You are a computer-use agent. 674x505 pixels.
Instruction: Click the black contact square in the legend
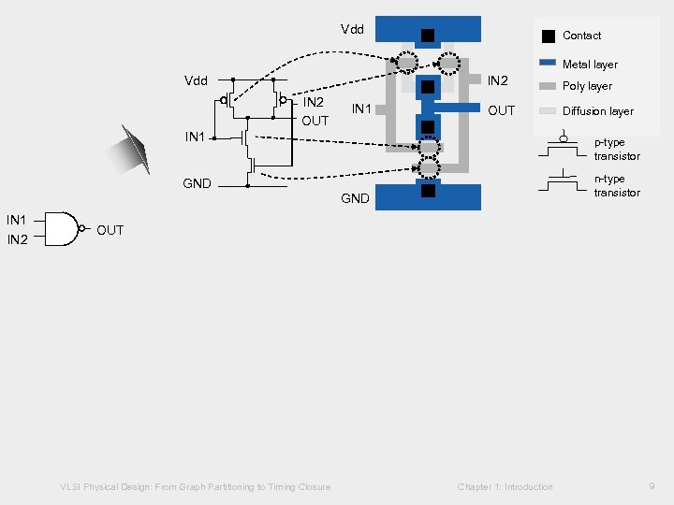tap(548, 36)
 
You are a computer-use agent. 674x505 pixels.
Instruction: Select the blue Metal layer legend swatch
tap(548, 65)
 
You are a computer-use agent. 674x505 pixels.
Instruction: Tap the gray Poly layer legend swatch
tap(548, 86)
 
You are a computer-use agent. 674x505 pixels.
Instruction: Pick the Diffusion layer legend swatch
tap(548, 111)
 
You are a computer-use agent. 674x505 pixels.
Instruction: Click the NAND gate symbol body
tap(61, 229)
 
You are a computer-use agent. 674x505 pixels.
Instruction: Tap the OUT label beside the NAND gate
tap(110, 230)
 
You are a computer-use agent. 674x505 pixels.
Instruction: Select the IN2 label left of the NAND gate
tap(17, 240)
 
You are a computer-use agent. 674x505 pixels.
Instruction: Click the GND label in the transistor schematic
tap(197, 183)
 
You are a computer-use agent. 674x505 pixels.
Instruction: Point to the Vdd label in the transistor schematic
tap(196, 80)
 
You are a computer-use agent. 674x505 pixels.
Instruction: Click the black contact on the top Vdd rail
tap(427, 36)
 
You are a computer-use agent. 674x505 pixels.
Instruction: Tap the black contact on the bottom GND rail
tap(427, 192)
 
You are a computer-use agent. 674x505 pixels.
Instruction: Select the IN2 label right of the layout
tap(497, 81)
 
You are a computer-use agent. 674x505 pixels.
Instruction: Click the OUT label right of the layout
tap(502, 110)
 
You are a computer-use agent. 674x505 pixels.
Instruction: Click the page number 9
tap(651, 486)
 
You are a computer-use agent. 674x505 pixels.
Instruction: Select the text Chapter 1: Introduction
tap(505, 486)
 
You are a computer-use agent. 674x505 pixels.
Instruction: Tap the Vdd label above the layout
tap(352, 29)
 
